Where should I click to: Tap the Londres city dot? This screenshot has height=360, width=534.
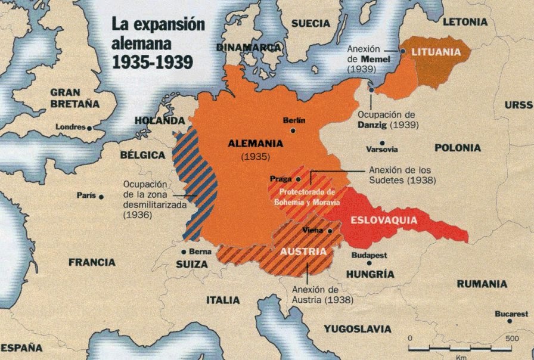click(89, 128)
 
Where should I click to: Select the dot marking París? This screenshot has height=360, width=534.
click(101, 196)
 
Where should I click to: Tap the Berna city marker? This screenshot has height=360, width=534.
click(184, 252)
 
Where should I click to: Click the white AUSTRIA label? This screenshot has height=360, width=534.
click(303, 251)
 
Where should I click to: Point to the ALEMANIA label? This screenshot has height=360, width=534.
click(254, 143)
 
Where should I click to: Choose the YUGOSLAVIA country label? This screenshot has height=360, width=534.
click(357, 328)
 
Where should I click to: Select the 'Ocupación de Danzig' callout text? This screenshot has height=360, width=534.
click(388, 119)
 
